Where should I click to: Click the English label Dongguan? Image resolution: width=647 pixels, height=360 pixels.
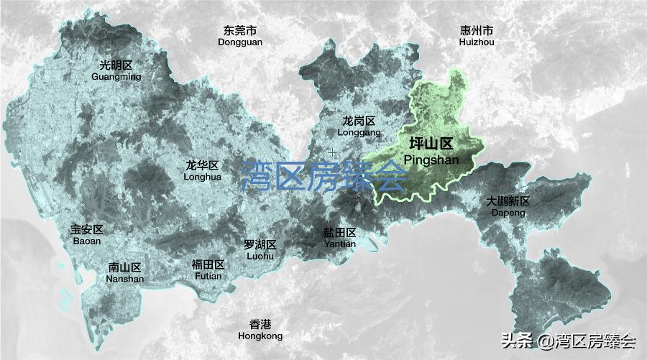point(240,42)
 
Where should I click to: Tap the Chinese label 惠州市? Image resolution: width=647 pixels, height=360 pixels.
point(477,31)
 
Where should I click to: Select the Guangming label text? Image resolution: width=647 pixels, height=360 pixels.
point(116,76)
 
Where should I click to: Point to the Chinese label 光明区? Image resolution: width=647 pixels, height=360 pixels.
point(116,65)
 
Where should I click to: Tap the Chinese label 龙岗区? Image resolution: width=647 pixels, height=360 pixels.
point(359,121)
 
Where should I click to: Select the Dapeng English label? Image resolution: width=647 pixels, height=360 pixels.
point(508,213)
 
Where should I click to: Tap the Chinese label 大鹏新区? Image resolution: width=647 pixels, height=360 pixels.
point(508,201)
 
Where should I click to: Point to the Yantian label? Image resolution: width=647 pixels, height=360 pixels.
point(339,244)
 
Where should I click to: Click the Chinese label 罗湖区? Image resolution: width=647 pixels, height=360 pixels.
point(260,245)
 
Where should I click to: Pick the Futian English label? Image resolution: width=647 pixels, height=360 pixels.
point(208,275)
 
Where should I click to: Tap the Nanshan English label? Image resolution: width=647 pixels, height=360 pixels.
point(126,279)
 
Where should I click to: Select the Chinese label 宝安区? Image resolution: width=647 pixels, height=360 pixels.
point(87,231)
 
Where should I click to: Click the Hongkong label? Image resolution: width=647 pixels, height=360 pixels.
point(260,336)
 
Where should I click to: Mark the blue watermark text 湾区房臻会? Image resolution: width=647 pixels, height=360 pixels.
point(323,175)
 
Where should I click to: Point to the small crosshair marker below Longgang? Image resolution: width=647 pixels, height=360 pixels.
point(332,152)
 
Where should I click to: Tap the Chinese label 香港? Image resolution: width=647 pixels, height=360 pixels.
point(260,324)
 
